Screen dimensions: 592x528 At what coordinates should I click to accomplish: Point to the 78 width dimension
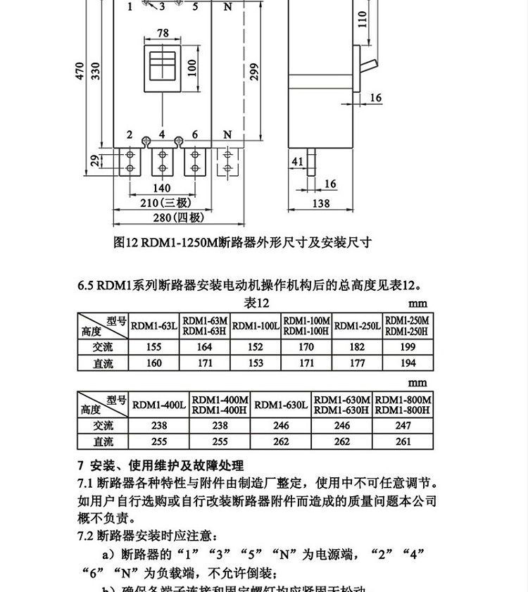click(x=163, y=33)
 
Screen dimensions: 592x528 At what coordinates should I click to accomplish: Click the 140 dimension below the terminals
click(x=161, y=188)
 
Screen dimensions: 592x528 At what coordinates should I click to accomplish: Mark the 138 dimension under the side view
click(x=320, y=203)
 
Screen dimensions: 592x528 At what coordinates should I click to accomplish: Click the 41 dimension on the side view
click(x=297, y=162)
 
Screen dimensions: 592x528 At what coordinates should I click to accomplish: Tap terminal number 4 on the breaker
click(x=162, y=134)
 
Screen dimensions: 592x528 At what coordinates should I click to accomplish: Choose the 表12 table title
click(x=258, y=303)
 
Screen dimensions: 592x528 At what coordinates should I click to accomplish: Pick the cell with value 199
click(x=407, y=347)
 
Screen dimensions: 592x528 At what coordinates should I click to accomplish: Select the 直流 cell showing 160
click(x=153, y=363)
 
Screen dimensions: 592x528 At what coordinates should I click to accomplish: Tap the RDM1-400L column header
click(x=159, y=405)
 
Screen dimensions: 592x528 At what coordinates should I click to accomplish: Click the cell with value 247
click(x=403, y=426)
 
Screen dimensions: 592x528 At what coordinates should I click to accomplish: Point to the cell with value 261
click(x=403, y=442)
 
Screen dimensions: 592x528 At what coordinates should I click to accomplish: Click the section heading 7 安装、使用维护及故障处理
click(x=160, y=465)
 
